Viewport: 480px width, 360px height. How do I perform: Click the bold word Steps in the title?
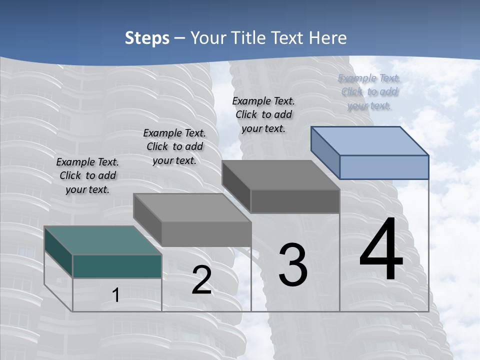tap(147, 38)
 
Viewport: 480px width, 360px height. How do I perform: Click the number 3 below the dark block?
tap(293, 265)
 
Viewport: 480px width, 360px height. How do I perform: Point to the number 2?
tap(201, 280)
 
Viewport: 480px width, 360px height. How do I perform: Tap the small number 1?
tap(116, 295)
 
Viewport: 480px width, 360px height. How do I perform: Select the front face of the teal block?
tap(117, 266)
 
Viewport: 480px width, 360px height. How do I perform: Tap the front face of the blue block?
tap(384, 167)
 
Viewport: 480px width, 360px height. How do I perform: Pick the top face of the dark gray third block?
tap(280, 175)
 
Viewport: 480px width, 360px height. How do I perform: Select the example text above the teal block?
tap(87, 175)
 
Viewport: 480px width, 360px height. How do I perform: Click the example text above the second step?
tap(174, 146)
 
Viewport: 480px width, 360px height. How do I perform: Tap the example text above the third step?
tap(263, 114)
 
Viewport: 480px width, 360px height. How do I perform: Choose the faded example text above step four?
tap(369, 91)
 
